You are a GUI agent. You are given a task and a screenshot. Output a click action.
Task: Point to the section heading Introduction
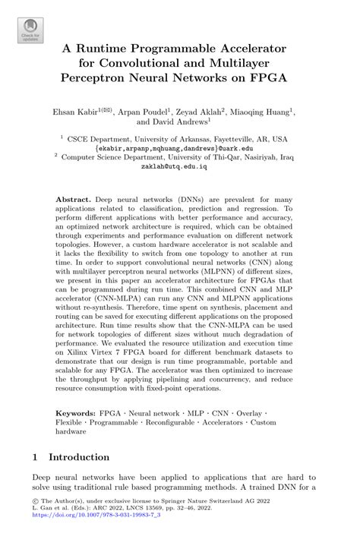(x=80, y=457)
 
